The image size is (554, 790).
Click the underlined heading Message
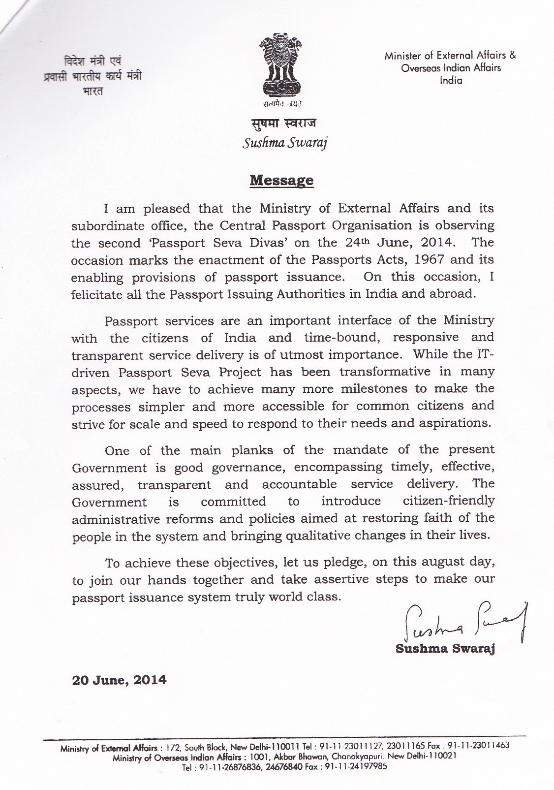click(x=281, y=180)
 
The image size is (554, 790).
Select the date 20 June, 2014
click(x=120, y=680)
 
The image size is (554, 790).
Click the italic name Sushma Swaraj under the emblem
click(x=285, y=143)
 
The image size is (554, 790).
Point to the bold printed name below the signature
click(x=445, y=649)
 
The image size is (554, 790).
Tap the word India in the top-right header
click(x=451, y=80)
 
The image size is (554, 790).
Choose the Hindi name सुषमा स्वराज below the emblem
click(x=282, y=123)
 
